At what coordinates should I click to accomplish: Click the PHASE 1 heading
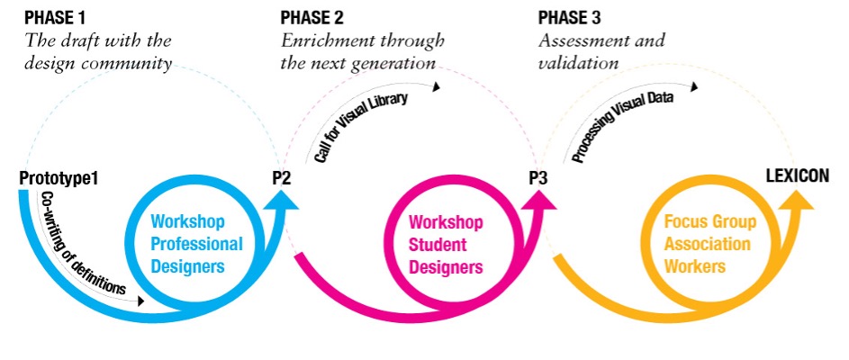pos(55,17)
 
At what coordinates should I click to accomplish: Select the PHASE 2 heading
pos(312,17)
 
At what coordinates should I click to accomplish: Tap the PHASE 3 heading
pos(569,17)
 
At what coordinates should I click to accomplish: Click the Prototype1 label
pos(59,178)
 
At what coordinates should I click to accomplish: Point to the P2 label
pos(282,178)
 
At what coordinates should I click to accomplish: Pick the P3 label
pos(538,178)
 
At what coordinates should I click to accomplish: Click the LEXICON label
pos(798,175)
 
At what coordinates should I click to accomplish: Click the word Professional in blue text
pos(196,244)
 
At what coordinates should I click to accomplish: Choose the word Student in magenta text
pos(437,244)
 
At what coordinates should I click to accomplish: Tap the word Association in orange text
pos(707,244)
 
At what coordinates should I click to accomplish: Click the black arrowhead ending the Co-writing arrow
pos(141,301)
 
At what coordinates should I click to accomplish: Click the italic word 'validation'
pos(578,63)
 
